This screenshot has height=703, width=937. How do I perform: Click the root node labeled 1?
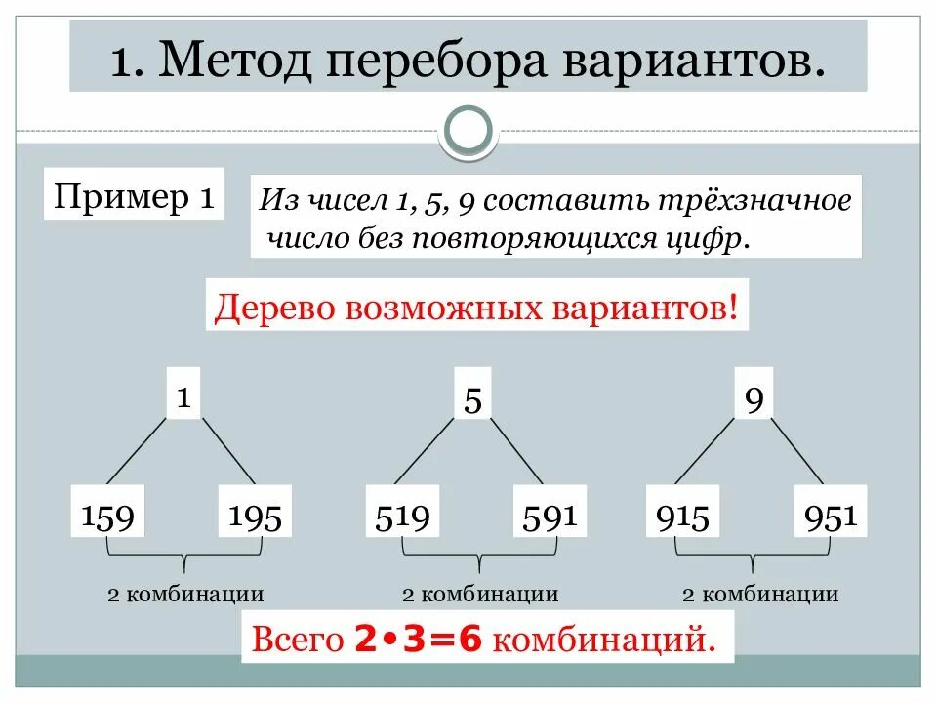point(183,395)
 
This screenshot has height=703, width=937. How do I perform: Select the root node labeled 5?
point(472,399)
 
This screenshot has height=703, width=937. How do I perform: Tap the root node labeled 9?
point(753,399)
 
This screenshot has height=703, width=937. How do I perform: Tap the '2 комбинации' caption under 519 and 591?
point(480,594)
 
